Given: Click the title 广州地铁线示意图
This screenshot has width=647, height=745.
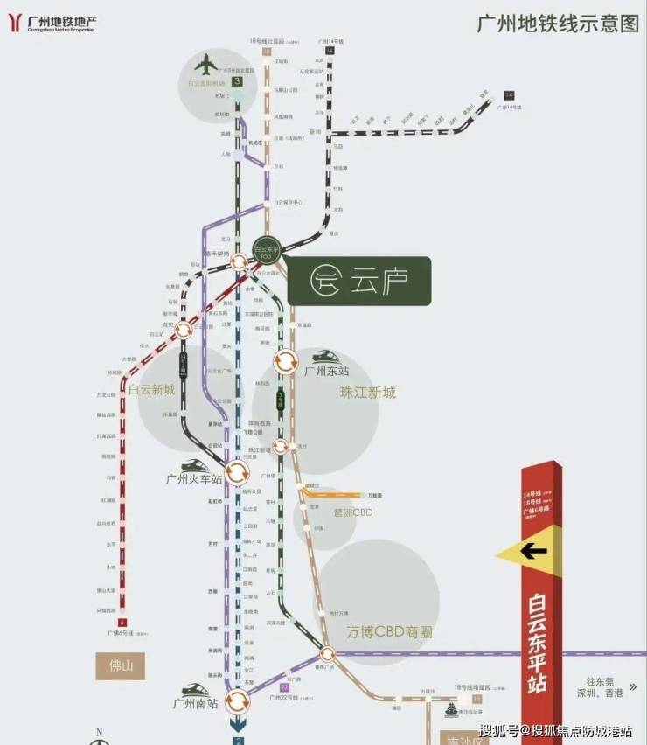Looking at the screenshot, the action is pos(557,24).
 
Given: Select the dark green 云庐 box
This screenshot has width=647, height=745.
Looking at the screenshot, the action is pos(358,281).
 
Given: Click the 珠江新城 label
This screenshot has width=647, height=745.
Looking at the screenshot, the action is pos(367,393).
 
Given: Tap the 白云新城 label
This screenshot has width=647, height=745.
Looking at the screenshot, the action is pos(151,390).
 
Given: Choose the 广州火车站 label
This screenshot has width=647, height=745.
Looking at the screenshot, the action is pos(193,479).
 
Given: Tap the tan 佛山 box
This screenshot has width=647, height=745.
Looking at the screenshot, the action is pos(120,666).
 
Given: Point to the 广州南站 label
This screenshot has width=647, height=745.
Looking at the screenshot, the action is pos(194,703).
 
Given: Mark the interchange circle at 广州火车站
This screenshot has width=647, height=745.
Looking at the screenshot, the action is pos(235,473).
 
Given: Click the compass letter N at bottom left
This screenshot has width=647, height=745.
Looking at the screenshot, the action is pos(100,732).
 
